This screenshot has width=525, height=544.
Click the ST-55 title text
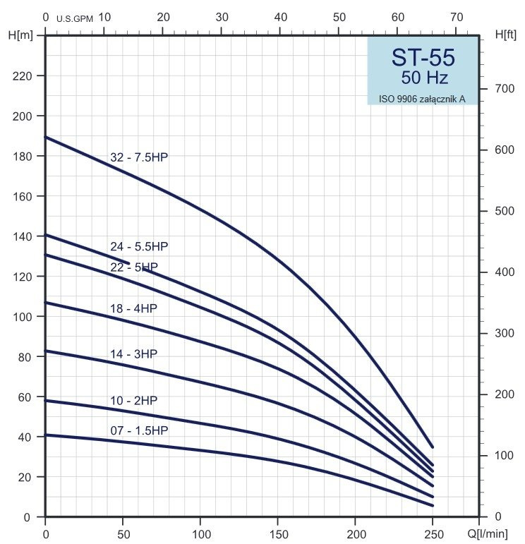[423, 57]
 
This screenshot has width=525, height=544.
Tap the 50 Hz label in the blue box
[424, 78]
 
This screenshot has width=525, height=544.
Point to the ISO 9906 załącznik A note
[422, 99]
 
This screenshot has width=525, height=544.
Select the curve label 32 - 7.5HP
[139, 157]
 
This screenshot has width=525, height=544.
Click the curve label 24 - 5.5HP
[139, 247]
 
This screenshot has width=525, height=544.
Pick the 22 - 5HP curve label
[134, 267]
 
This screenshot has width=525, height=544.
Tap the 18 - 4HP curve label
[133, 308]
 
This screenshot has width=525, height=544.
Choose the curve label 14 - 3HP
[133, 354]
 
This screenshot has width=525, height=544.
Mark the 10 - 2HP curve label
[133, 401]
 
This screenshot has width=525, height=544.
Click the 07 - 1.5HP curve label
[139, 430]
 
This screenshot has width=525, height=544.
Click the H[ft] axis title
[505, 35]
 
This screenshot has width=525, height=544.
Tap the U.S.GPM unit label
[75, 18]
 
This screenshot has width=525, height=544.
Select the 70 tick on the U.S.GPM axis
[457, 16]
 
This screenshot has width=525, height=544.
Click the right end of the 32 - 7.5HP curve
[432, 447]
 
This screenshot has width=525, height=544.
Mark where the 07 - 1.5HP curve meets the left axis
[46, 435]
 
